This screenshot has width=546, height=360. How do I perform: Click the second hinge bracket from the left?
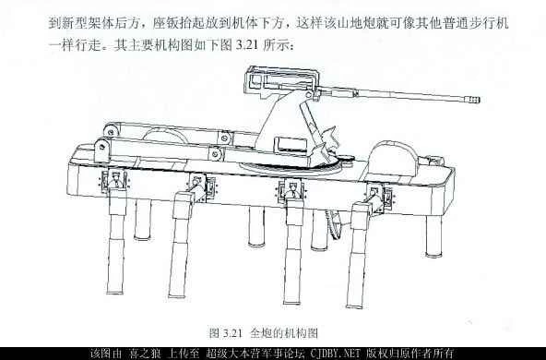[199, 183]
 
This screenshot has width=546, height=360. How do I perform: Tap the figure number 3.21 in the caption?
[226, 331]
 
